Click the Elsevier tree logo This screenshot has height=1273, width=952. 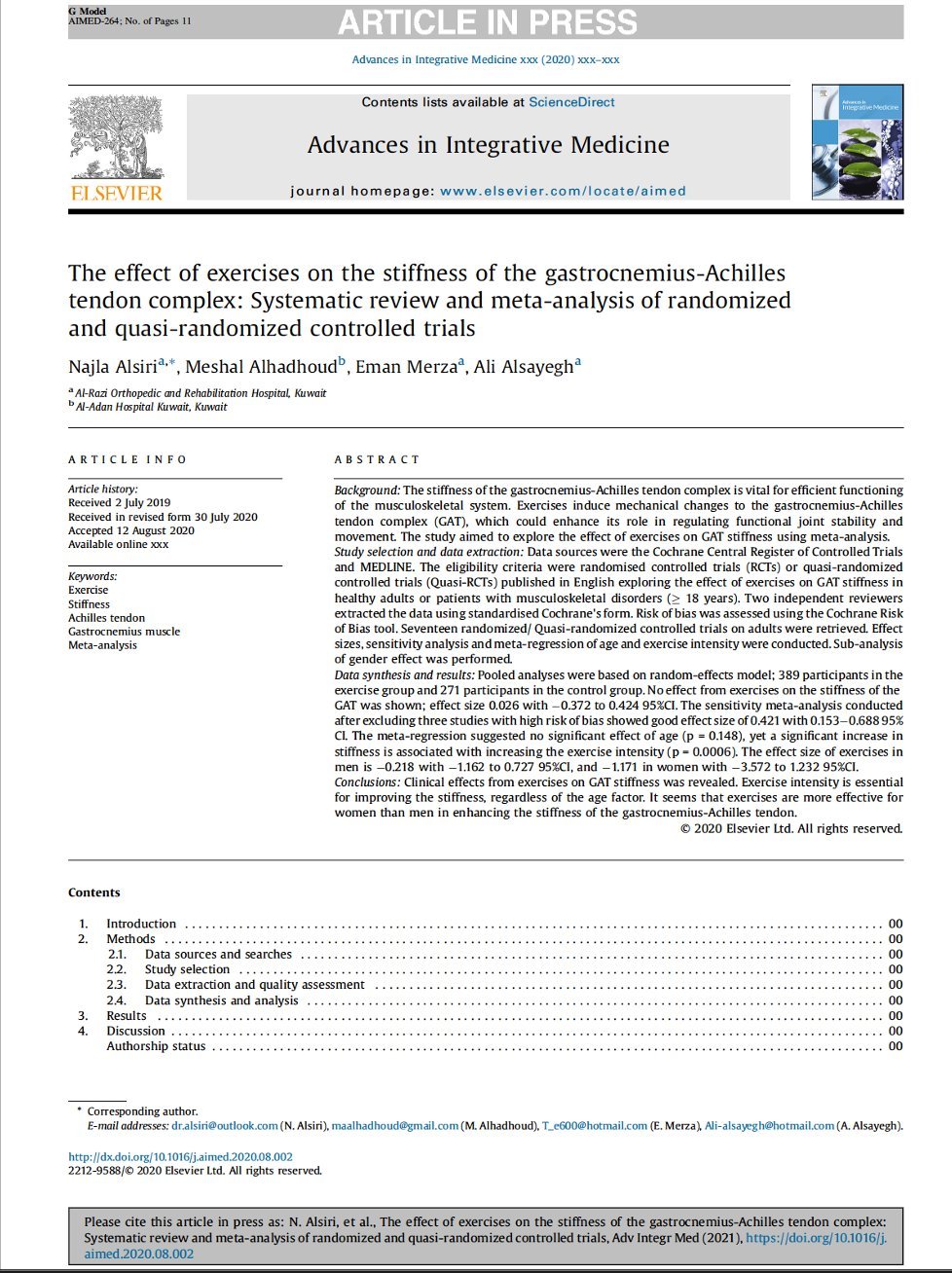click(117, 139)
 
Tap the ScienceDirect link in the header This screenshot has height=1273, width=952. click(571, 102)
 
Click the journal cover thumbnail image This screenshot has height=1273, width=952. click(858, 142)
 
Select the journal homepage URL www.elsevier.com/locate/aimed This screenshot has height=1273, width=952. click(563, 191)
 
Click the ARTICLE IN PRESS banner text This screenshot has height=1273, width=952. click(488, 22)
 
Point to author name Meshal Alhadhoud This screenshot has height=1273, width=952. click(262, 367)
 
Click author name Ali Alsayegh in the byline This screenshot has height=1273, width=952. click(523, 367)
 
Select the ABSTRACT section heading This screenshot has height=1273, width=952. click(377, 459)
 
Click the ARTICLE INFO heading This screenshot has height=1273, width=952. click(128, 459)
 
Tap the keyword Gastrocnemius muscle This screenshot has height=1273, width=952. click(124, 632)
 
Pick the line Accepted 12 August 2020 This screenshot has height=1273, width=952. click(130, 530)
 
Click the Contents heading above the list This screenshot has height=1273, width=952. click(94, 892)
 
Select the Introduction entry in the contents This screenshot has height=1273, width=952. click(141, 924)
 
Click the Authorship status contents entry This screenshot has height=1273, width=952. click(156, 1046)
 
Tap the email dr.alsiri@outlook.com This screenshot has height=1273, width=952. click(225, 1126)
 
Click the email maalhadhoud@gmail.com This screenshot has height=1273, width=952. click(394, 1126)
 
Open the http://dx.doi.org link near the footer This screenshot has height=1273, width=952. click(180, 1157)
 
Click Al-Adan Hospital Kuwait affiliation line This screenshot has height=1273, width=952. click(151, 407)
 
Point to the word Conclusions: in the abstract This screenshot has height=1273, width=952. click(367, 782)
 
